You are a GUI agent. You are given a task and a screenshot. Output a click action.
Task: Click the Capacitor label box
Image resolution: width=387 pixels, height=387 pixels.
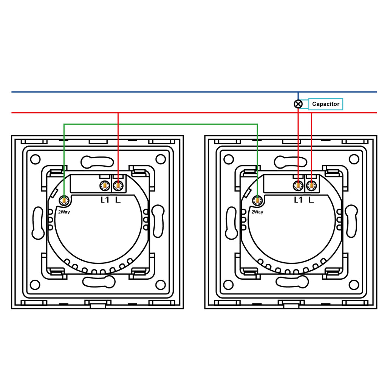(x=325, y=104)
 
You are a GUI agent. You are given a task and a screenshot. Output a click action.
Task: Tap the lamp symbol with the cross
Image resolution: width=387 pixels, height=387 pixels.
(x=298, y=104)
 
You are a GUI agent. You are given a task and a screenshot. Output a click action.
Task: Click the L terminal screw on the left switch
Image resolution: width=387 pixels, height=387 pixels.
(x=118, y=185)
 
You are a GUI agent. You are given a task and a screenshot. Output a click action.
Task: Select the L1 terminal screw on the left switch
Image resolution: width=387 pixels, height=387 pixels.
(x=105, y=185)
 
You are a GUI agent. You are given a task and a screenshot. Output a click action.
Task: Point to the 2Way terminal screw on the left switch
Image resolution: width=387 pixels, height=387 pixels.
(x=64, y=200)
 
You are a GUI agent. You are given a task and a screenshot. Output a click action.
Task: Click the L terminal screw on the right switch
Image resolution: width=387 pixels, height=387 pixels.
(x=311, y=185)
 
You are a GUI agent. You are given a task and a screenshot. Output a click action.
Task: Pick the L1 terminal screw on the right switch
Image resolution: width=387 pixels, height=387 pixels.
(x=298, y=185)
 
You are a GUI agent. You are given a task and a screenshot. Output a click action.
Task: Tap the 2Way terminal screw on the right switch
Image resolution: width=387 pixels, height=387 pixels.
(x=257, y=200)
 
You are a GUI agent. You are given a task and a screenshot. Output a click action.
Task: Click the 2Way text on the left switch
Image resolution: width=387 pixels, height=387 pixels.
(x=64, y=212)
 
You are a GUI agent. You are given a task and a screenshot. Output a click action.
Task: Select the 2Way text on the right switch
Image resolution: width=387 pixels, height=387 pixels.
(x=257, y=212)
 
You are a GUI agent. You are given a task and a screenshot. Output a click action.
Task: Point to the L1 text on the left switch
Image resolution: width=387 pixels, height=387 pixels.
(x=105, y=200)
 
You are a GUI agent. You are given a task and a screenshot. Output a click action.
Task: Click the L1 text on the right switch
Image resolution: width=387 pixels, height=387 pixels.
(x=299, y=200)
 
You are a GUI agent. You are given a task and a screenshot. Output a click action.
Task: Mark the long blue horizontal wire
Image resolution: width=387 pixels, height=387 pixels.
(x=194, y=92)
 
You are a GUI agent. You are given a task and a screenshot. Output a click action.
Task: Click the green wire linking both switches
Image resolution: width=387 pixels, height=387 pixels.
(x=161, y=124)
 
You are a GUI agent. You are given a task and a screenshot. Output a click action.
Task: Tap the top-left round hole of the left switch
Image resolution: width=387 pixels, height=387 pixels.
(x=35, y=159)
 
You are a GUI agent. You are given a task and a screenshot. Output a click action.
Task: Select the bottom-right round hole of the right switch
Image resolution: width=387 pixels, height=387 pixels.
(x=354, y=285)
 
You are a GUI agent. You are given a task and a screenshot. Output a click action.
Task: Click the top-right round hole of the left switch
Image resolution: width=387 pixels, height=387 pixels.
(x=161, y=159)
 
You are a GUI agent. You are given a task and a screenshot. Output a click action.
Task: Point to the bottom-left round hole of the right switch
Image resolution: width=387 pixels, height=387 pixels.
(x=229, y=285)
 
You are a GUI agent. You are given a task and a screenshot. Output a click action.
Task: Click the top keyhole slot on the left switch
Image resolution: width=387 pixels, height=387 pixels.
(x=97, y=162)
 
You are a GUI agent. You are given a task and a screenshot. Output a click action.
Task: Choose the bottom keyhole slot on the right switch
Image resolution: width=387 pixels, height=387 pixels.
(x=292, y=282)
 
